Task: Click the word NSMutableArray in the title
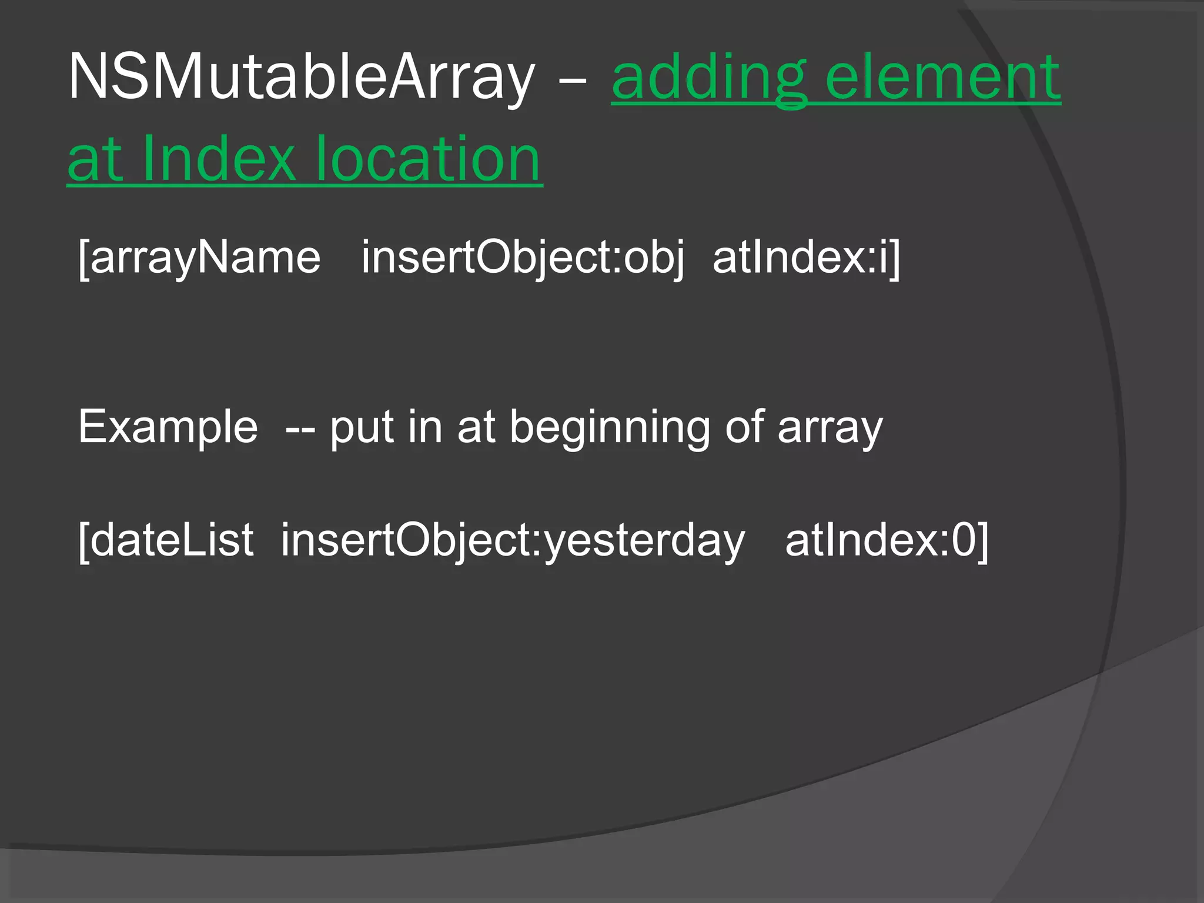[x=302, y=77]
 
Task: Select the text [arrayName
[x=199, y=257]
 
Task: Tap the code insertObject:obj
[x=523, y=257]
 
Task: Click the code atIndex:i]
[x=806, y=257]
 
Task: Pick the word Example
[x=168, y=427]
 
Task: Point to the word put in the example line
[x=361, y=427]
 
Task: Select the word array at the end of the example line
[x=830, y=427]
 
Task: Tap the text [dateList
[x=166, y=540]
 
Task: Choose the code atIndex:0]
[x=887, y=540]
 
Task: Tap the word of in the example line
[x=744, y=427]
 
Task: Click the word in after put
[x=424, y=427]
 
